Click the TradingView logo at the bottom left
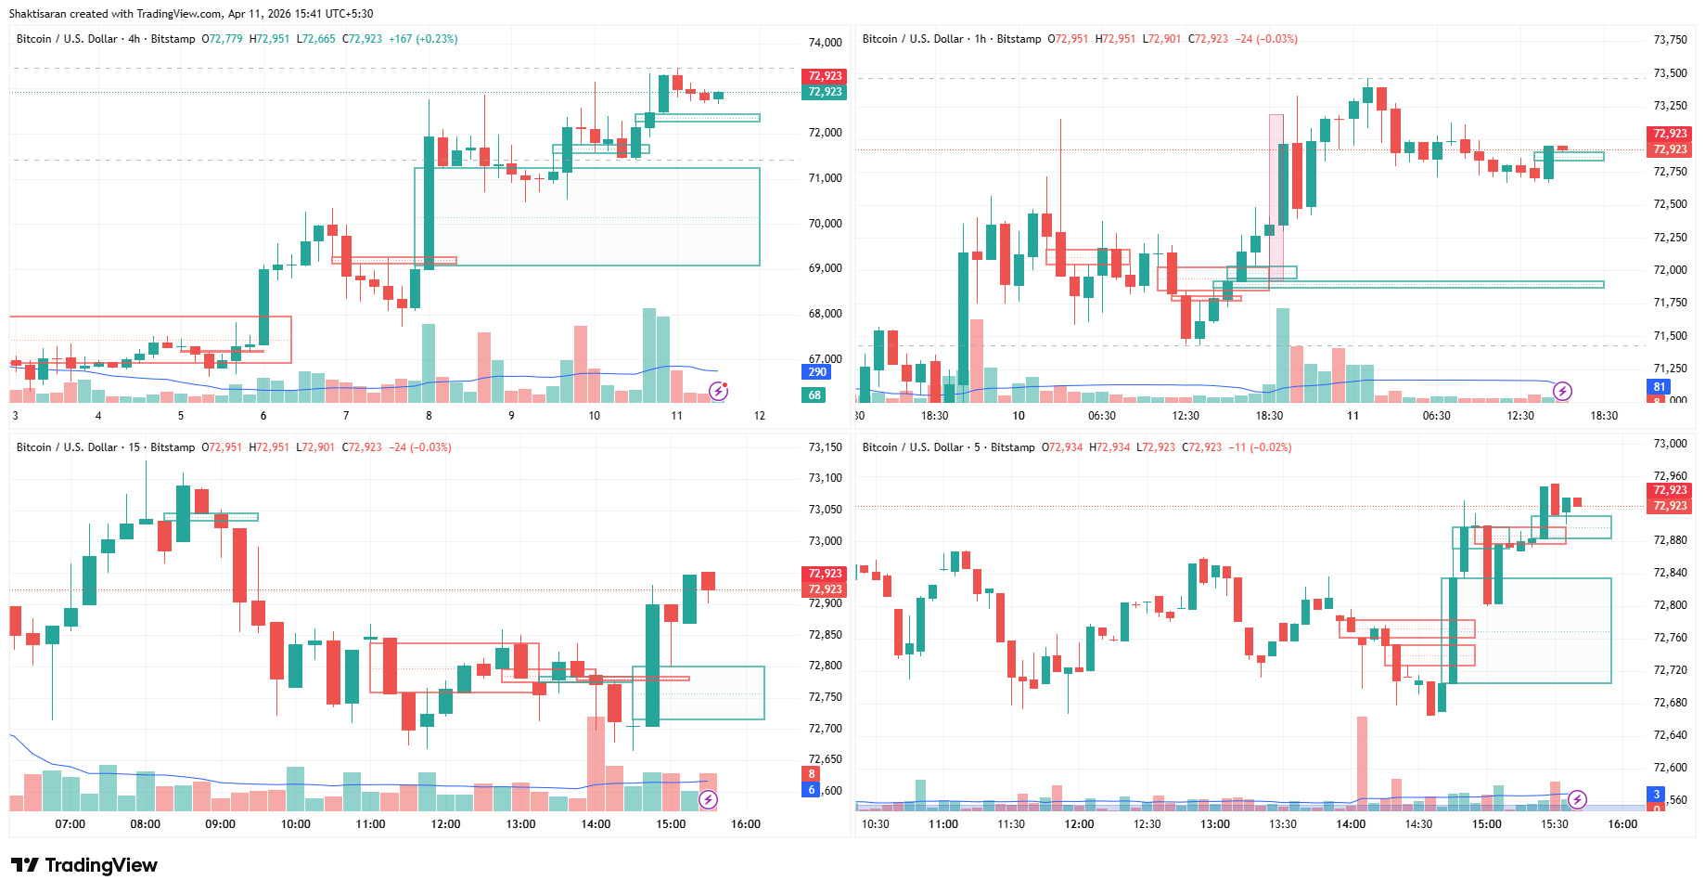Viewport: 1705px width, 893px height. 84,865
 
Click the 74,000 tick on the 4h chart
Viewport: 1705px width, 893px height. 825,43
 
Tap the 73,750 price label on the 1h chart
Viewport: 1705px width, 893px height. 1670,40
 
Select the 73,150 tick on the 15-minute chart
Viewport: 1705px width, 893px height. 825,447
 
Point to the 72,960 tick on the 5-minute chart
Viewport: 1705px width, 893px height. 1670,476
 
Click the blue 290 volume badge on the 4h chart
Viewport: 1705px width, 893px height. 816,372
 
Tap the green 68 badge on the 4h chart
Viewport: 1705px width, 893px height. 814,395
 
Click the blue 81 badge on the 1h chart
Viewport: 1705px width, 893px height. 1660,387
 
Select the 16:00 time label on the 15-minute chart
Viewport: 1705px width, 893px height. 745,824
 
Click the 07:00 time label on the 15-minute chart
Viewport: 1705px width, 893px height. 70,824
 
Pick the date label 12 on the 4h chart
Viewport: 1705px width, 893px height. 759,416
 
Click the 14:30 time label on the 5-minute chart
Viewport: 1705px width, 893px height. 1418,824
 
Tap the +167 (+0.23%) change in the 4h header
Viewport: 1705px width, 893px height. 423,39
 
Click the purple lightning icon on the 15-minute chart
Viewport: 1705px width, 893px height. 708,799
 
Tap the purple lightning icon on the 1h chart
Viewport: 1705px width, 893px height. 1562,391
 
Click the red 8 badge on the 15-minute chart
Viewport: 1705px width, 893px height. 812,774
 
